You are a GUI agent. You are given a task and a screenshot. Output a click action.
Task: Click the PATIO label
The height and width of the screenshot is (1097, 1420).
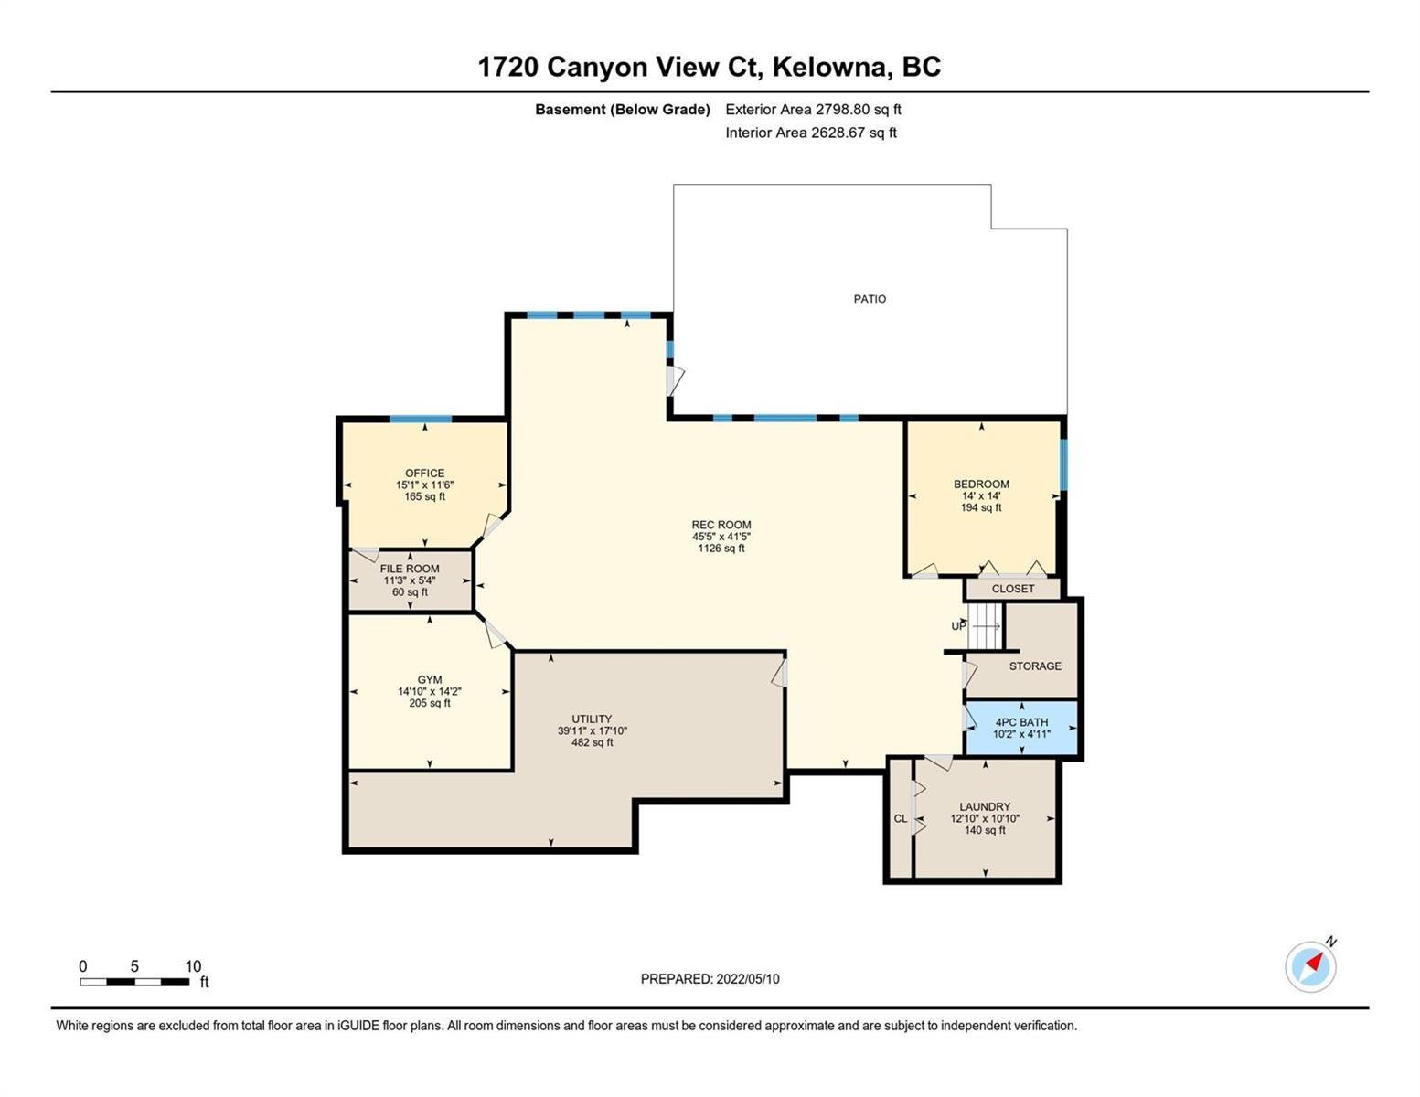click(870, 299)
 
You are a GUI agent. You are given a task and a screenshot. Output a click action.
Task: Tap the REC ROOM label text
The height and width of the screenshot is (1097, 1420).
click(721, 524)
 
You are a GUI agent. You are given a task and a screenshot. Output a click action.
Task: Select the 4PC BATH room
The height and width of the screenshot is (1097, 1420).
click(1021, 727)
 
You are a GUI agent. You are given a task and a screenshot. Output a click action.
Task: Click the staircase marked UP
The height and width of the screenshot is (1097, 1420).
click(985, 626)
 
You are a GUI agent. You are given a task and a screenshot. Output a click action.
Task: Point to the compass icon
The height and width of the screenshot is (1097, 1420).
click(1310, 966)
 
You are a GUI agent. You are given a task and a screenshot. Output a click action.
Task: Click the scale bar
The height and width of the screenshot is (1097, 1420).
click(134, 982)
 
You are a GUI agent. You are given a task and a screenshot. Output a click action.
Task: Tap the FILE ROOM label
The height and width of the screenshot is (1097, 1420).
click(409, 569)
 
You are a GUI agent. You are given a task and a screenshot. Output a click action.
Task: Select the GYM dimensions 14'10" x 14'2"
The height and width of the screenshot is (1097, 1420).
click(430, 691)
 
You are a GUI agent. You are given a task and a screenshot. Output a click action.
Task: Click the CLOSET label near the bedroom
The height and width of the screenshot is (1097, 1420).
click(1013, 589)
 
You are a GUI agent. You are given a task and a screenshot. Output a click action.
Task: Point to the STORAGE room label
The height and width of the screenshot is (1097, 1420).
click(1035, 666)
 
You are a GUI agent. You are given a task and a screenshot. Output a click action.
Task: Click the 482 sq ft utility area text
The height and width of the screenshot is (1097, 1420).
click(593, 742)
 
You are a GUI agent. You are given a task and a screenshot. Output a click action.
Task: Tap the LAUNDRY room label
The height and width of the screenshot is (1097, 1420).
click(985, 806)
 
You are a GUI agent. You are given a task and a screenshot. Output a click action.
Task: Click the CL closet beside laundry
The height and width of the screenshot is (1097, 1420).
click(901, 818)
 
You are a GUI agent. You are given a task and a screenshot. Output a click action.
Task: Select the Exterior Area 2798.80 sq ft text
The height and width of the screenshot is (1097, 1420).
click(813, 109)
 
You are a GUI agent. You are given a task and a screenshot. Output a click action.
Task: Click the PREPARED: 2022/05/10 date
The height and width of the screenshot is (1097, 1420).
click(710, 979)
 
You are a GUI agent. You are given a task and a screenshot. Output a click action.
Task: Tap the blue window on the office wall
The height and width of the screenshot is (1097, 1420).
click(421, 419)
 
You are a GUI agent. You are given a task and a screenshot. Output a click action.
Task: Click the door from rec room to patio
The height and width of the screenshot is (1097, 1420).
click(675, 380)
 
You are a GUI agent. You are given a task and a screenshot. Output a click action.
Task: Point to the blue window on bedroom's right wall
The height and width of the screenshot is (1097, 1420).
click(1063, 463)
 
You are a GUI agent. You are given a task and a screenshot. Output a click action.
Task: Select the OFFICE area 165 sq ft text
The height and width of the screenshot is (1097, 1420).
click(425, 496)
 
